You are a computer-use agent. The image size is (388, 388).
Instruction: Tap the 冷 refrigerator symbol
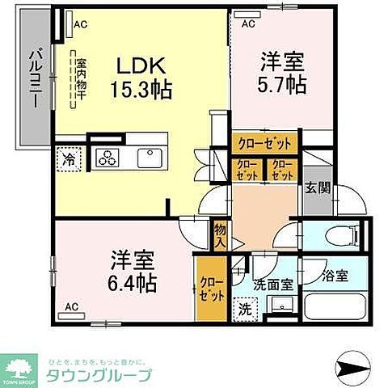tap(70, 159)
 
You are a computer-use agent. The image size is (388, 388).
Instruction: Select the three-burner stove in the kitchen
tap(108, 158)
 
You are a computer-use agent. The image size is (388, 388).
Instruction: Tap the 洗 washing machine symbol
tap(242, 307)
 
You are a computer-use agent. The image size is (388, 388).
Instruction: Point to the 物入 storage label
tap(218, 236)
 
